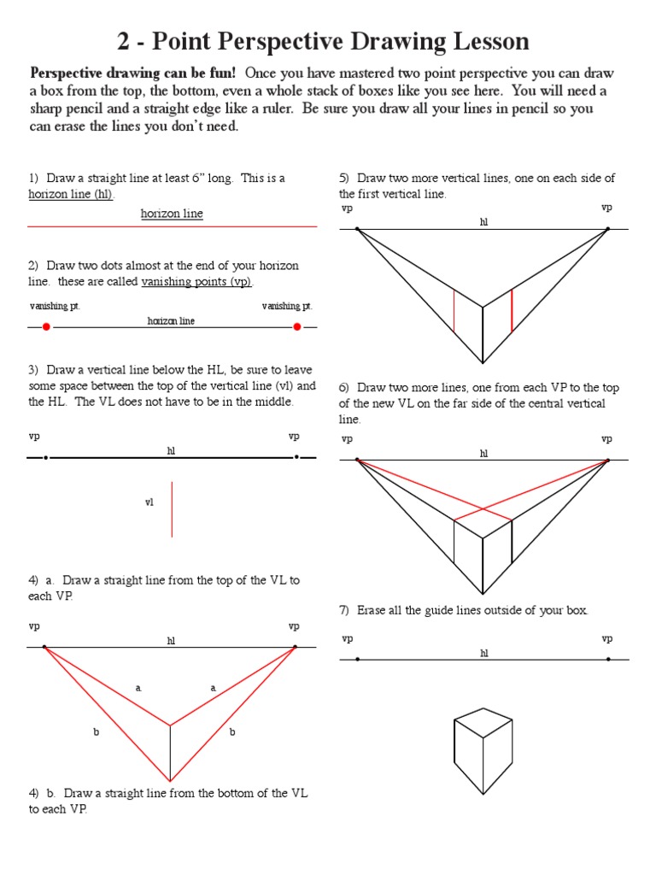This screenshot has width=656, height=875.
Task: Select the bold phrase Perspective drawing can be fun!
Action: coord(132,73)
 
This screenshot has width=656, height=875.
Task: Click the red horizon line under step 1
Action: coord(172,226)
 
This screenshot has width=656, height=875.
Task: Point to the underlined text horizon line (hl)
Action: coord(70,194)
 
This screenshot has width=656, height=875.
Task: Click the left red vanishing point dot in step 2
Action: coord(46,326)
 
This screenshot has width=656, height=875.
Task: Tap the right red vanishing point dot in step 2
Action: coord(297,326)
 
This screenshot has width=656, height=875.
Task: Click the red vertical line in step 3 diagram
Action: coord(172,509)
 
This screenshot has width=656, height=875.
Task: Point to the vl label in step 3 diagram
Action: coord(149,503)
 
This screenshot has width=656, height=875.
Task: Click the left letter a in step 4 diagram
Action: coord(138,687)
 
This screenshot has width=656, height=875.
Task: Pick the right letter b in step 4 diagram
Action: coord(232,732)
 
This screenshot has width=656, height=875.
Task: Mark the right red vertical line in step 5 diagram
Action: coord(512,310)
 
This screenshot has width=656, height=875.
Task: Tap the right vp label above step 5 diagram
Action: coord(606,208)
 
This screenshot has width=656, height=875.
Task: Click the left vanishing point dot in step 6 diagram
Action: coord(357,461)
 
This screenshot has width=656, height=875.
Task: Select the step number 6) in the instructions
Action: coord(345,387)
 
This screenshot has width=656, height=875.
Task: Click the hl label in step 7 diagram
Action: coord(483,653)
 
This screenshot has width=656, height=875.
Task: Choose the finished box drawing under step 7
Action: coord(483,750)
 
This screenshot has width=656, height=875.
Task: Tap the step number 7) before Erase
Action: coord(345,610)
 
